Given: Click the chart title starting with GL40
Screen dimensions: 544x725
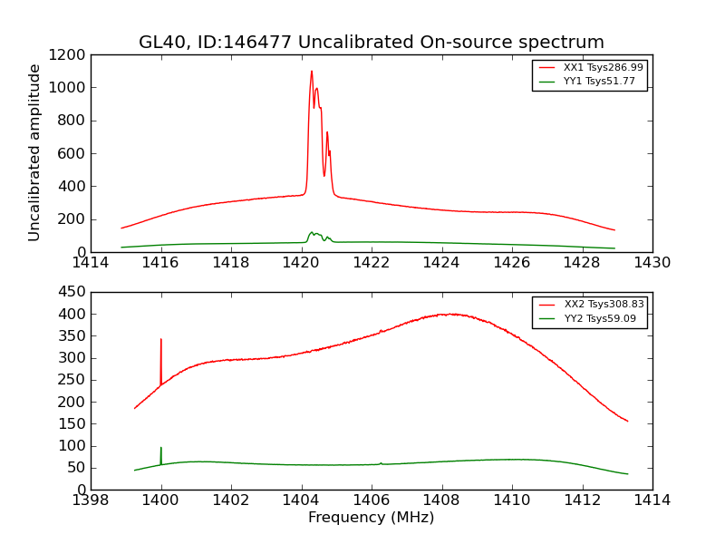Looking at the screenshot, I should tap(371, 43).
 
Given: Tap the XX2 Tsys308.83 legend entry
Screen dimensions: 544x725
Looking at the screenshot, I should tap(604, 305).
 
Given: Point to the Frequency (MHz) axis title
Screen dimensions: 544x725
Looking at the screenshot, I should tap(371, 518).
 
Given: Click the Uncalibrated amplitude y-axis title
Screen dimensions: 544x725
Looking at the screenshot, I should tap(35, 152).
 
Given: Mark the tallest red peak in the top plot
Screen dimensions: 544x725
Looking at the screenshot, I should tap(311, 72).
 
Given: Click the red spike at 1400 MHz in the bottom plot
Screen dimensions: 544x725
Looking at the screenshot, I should tap(161, 340).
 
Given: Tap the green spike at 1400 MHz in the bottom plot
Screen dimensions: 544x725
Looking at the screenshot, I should tap(161, 448).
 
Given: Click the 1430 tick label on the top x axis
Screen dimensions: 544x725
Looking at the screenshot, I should tap(652, 263).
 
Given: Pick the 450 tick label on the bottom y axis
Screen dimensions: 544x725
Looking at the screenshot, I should tap(72, 292).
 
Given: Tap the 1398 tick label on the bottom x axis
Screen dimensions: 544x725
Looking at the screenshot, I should tap(91, 500).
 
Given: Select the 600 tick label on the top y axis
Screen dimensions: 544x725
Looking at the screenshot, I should tap(72, 153).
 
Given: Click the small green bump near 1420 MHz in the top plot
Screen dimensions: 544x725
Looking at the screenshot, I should tap(312, 233).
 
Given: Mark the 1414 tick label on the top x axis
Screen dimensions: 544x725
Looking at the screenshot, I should tap(91, 263).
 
